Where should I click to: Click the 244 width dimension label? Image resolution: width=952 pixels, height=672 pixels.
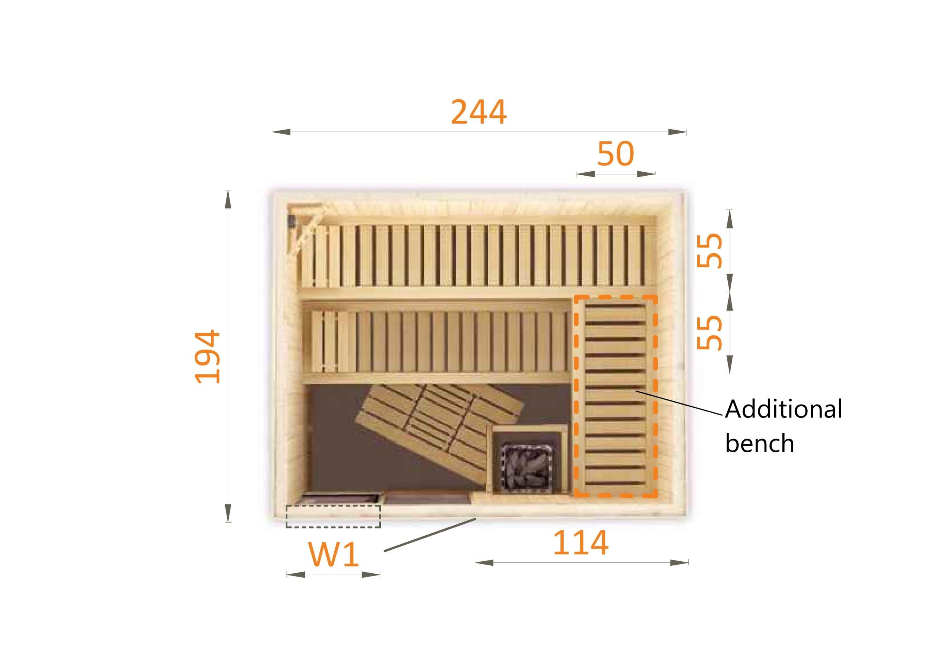479,112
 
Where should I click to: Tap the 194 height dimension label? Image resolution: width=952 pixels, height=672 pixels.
207,356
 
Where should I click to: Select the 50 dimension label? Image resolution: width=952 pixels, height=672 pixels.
615,154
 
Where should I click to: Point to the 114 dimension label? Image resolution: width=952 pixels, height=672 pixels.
581,543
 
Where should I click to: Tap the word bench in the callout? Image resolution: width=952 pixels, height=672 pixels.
760,443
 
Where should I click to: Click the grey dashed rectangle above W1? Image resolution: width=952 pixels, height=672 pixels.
333,516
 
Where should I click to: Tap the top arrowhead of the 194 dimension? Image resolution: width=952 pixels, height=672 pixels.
228,199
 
